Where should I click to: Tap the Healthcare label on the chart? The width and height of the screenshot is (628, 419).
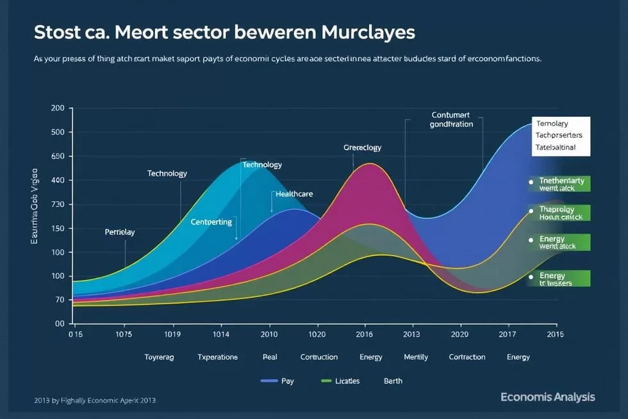294,194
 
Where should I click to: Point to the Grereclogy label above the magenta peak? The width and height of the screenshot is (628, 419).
362,148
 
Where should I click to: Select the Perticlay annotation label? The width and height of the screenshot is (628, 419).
119,232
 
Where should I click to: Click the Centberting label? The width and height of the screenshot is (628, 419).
211,221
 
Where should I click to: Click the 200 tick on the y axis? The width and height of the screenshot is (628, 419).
58,108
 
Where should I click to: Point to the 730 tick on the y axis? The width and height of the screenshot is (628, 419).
58,205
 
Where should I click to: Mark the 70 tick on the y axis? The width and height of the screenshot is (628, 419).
59,300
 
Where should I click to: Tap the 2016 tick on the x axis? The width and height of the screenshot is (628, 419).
364,334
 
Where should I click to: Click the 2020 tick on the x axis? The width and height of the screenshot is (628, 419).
459,334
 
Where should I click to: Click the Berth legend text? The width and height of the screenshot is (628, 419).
393,381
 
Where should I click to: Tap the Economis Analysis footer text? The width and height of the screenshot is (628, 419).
548,397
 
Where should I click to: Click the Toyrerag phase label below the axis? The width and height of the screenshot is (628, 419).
159,357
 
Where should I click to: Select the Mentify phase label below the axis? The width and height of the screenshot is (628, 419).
416,357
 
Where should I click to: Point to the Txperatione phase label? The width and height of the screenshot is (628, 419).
217,357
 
